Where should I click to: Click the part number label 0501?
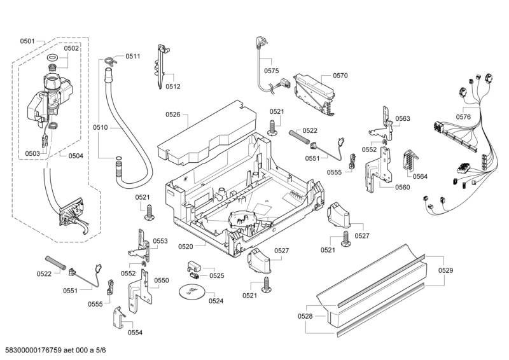(x=27, y=41)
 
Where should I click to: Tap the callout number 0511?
(x=132, y=57)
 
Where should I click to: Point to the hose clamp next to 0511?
(x=110, y=62)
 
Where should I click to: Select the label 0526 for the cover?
(x=172, y=115)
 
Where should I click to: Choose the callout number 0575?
(x=272, y=71)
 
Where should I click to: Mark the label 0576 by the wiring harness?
(x=463, y=116)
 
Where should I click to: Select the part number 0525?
(x=217, y=275)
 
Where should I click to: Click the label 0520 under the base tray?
(x=186, y=246)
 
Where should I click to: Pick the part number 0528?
(x=305, y=316)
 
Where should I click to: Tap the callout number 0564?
(x=421, y=176)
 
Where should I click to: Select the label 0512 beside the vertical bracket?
(x=173, y=87)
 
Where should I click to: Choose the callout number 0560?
(x=402, y=187)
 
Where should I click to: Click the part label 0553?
(x=160, y=241)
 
